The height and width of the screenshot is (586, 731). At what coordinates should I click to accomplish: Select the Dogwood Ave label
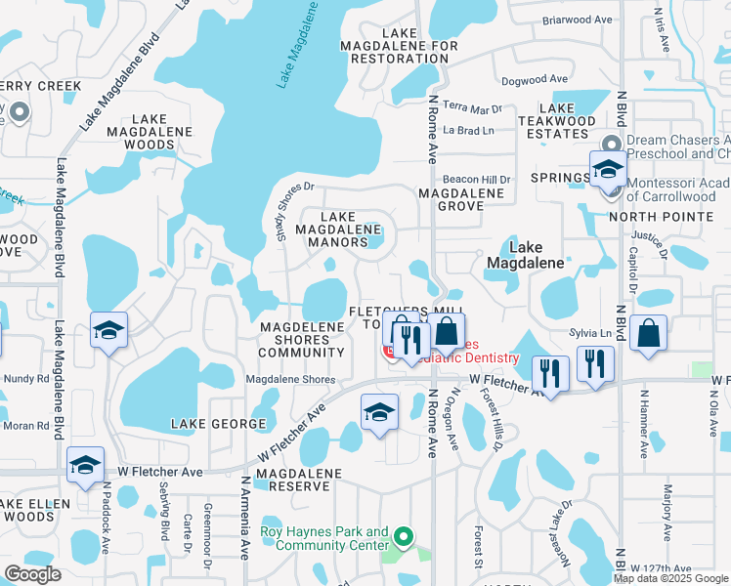coord(534,79)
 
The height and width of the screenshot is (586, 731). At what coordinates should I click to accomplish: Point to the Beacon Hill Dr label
coord(477,180)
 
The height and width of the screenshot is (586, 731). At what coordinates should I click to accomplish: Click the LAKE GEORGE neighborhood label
coord(219,424)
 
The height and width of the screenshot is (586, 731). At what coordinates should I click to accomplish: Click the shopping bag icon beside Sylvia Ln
coord(649,335)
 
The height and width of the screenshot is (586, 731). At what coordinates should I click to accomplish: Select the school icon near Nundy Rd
coord(108,330)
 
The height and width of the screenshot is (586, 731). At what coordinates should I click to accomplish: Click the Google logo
coord(32,573)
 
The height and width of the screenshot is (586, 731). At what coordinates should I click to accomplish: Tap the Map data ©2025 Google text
coord(670,578)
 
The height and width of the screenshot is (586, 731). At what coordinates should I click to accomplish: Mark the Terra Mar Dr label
coord(472,106)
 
